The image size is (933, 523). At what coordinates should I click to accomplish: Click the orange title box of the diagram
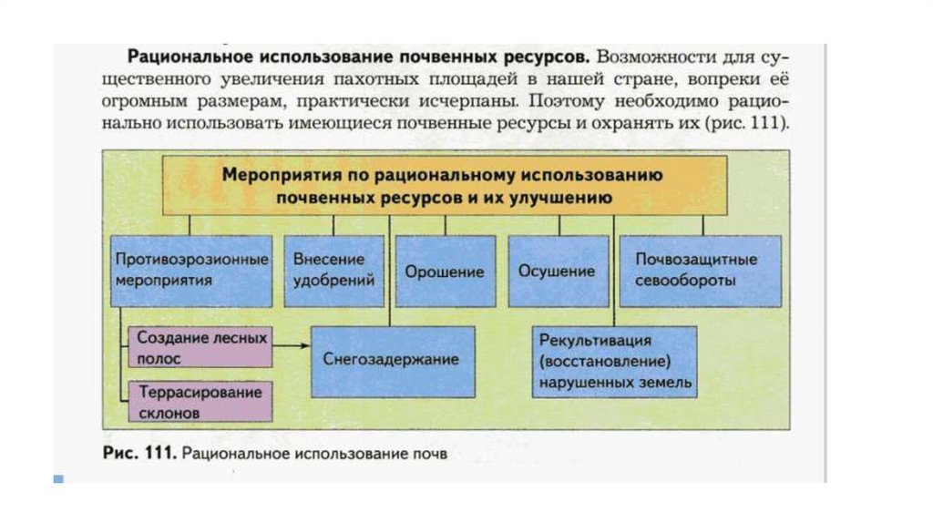[445, 184]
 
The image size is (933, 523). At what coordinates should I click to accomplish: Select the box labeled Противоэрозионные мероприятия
[192, 271]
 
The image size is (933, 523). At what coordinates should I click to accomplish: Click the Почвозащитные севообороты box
[699, 271]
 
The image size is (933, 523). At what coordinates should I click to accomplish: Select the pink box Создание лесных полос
[201, 347]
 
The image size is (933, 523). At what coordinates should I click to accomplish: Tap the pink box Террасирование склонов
[201, 401]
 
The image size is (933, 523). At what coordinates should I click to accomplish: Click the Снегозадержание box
[392, 360]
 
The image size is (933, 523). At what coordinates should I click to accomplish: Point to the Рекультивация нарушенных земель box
[615, 362]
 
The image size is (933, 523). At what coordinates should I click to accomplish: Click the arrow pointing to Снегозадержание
[292, 346]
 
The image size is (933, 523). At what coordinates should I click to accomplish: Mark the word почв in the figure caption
[432, 453]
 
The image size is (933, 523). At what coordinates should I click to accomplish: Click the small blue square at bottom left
[59, 477]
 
